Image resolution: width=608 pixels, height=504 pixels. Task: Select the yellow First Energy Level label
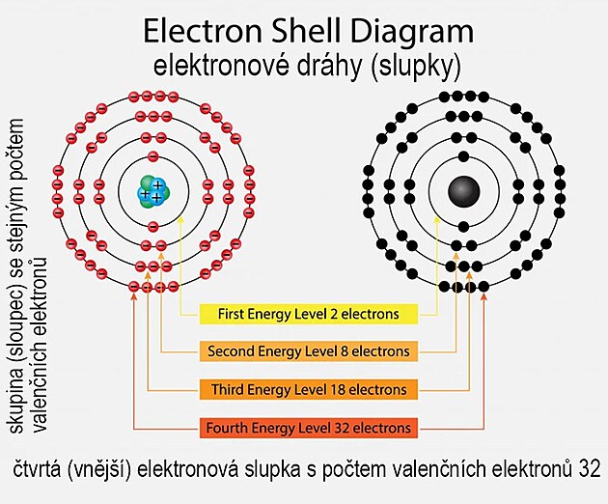click(x=308, y=315)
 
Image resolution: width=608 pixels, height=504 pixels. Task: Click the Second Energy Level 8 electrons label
click(x=308, y=351)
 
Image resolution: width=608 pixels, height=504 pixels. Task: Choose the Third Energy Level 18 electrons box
click(x=308, y=389)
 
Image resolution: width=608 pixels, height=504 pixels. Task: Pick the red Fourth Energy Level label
click(x=308, y=427)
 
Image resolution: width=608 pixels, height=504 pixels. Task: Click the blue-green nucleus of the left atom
click(x=152, y=189)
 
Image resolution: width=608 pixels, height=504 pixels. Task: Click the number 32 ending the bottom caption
click(x=591, y=470)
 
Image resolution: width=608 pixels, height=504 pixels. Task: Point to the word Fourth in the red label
click(x=228, y=427)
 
